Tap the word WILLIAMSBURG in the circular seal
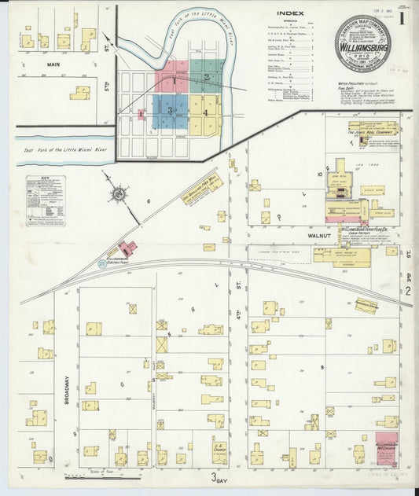click(x=362, y=46)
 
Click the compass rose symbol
click(x=118, y=192)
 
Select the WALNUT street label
click(x=320, y=234)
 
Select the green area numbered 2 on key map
click(x=205, y=77)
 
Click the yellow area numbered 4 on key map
click(x=206, y=112)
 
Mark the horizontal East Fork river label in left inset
click(x=53, y=146)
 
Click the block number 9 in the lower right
click(x=322, y=366)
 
